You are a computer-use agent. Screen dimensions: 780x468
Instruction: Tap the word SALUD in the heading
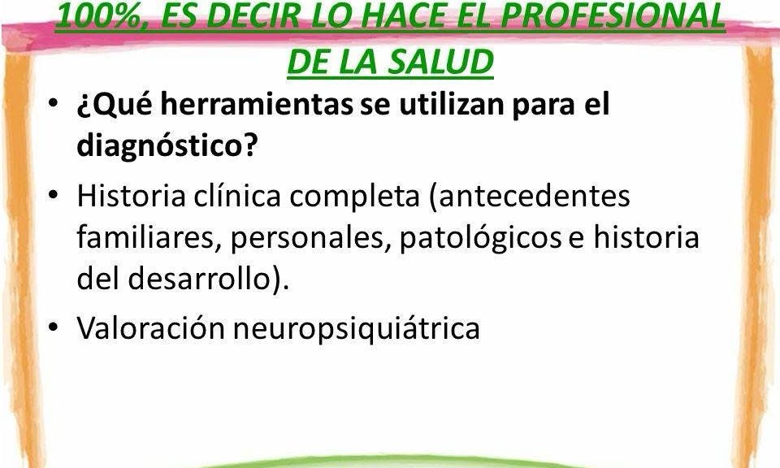[440, 62]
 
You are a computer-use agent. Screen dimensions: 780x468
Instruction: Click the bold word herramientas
[257, 105]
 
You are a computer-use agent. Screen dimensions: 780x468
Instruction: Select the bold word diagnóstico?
[167, 145]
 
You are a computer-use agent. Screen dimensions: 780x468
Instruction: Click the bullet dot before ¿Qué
[53, 103]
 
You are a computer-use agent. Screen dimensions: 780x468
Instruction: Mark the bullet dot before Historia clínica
[53, 194]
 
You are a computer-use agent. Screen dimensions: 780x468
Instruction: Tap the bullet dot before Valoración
[53, 327]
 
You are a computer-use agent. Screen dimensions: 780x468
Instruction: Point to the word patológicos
[480, 238]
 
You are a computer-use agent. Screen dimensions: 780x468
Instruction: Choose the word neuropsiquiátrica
[356, 329]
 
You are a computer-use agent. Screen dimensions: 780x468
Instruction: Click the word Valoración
[151, 328]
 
